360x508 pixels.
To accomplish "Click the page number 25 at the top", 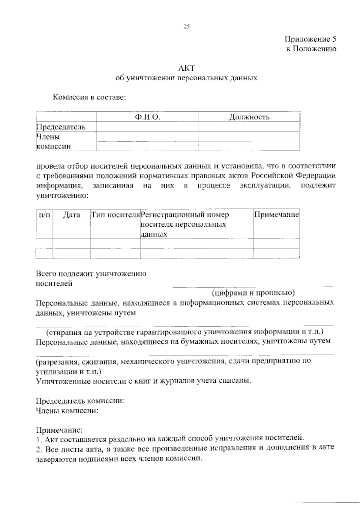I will point(187,27).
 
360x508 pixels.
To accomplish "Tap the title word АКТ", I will point(187,68).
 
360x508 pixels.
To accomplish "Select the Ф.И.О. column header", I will point(147,117).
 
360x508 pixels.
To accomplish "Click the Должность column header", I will point(249,117).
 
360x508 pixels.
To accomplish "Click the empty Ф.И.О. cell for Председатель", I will point(147,127).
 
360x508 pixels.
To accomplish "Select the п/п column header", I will point(44,215).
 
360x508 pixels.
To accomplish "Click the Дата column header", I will point(71,215).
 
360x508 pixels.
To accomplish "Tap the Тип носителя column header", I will point(115,215).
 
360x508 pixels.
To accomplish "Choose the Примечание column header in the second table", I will point(276,215).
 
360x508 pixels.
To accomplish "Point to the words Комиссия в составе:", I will point(89,97).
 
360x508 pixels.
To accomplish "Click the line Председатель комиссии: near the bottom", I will point(80,401).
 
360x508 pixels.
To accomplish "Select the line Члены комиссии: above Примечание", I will point(67,411).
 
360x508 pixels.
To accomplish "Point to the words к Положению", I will point(311,49).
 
